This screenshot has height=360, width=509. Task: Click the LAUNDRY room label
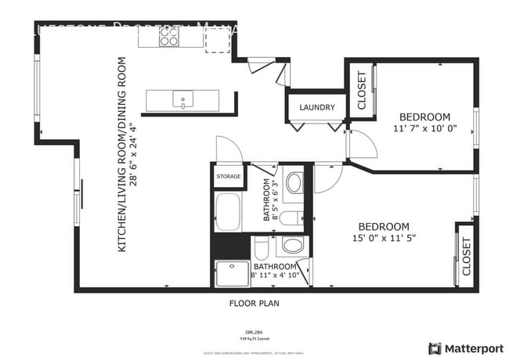pos(317,108)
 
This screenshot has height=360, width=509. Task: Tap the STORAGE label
pos(229,177)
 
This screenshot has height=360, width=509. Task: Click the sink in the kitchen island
pos(182,100)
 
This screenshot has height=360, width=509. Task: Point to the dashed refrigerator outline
pos(218,40)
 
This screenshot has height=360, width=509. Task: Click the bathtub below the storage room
pos(228,211)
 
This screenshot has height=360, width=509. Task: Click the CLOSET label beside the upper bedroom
pos(361,89)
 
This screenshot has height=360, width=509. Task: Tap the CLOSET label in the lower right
pos(466,257)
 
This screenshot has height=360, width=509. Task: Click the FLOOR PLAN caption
pos(254,302)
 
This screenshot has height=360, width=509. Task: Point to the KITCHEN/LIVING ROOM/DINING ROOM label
pos(123,153)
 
